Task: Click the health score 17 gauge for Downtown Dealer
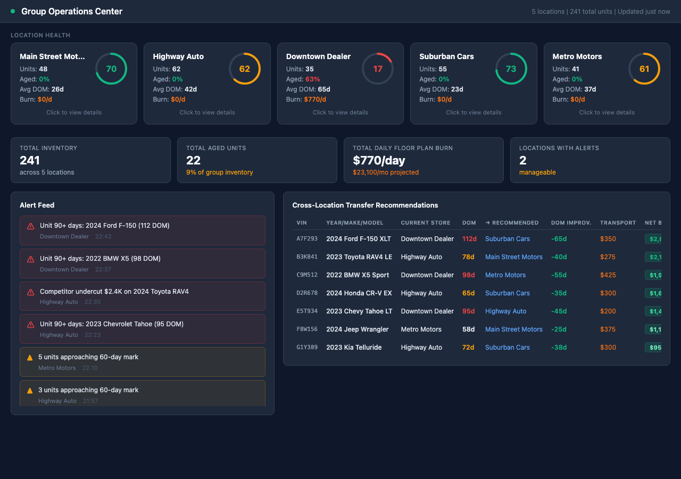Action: click(x=378, y=69)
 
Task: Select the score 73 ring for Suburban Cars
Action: click(x=511, y=69)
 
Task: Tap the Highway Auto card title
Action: click(x=178, y=56)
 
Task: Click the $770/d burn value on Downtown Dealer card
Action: click(x=315, y=100)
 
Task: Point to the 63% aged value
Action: click(x=313, y=79)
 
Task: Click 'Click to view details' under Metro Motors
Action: click(x=607, y=112)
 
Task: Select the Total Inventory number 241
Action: click(x=30, y=160)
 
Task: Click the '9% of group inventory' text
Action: click(x=219, y=172)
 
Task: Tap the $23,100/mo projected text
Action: click(x=386, y=172)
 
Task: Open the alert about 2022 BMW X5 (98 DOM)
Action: click(x=100, y=259)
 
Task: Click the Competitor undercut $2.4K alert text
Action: click(x=114, y=292)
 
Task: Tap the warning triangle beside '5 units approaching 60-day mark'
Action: click(x=30, y=358)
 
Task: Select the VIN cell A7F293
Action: click(x=307, y=239)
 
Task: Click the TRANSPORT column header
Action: click(x=618, y=222)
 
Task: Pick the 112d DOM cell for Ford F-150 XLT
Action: click(x=469, y=239)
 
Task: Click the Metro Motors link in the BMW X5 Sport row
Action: click(x=505, y=275)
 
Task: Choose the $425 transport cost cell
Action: click(x=608, y=275)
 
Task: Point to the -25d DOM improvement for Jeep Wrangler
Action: click(x=559, y=329)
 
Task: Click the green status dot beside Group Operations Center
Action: click(x=13, y=11)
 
